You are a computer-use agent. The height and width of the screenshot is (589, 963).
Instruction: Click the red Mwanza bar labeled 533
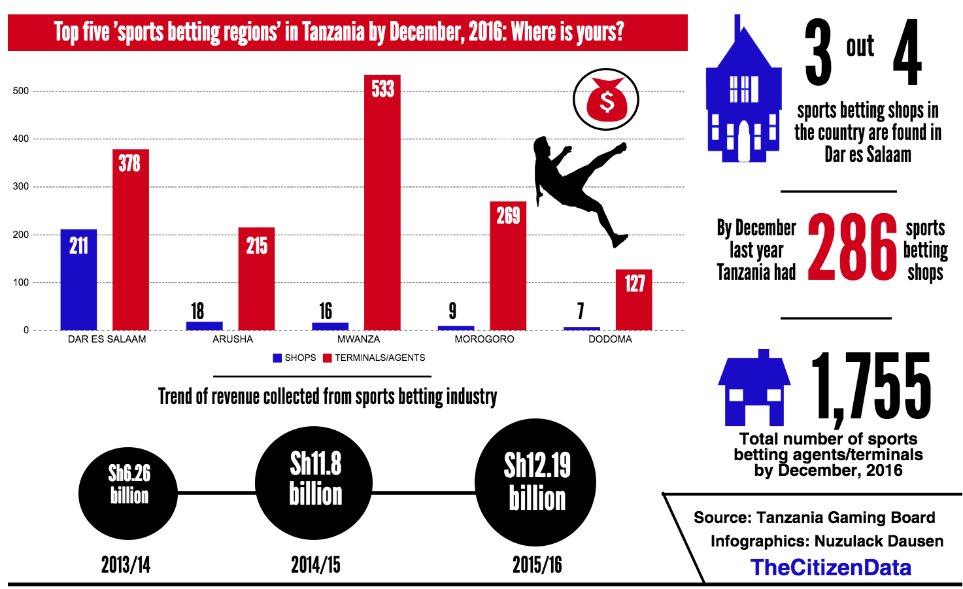[x=382, y=203]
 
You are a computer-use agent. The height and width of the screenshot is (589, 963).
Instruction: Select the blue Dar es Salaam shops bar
[x=78, y=280]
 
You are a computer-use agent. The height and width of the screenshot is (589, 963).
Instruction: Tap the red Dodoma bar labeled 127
[x=634, y=300]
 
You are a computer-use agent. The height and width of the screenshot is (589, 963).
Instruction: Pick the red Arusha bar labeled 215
[x=256, y=278]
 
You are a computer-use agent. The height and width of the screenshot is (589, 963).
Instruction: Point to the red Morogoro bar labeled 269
[x=508, y=266]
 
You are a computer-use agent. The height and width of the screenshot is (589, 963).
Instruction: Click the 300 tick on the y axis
[x=21, y=186]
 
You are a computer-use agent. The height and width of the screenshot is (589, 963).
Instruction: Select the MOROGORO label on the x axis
[x=484, y=339]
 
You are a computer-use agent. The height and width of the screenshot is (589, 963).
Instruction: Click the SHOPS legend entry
[x=295, y=358]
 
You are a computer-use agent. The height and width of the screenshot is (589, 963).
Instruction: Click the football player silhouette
[x=575, y=186]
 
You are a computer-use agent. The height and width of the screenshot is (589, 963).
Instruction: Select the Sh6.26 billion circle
[x=129, y=492]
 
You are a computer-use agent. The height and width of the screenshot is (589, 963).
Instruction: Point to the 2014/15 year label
[x=316, y=565]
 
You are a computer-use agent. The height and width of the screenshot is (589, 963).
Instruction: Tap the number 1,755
[x=871, y=386]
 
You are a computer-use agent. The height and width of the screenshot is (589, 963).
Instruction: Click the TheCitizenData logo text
[x=830, y=567]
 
